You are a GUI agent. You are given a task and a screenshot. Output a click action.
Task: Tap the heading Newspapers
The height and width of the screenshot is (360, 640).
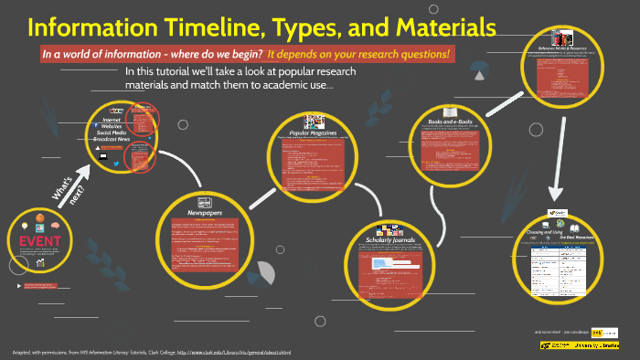(205, 212)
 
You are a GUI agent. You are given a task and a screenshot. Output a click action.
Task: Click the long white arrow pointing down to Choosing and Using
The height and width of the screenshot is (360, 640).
(555, 155)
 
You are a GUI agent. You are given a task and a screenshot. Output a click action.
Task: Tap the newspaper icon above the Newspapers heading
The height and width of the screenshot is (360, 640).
(205, 201)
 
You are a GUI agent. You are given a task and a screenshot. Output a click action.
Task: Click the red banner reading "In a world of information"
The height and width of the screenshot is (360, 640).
(247, 55)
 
